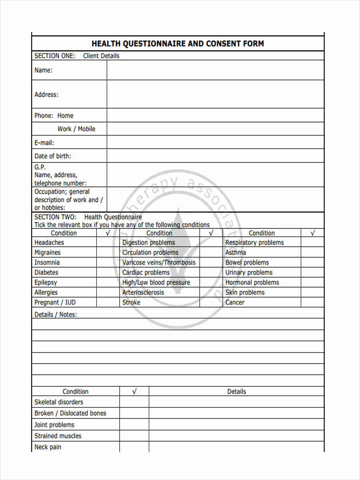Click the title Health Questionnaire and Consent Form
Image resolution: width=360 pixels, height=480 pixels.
click(x=178, y=44)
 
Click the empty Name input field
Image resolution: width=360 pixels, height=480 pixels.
click(x=215, y=70)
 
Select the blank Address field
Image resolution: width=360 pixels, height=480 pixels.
click(x=215, y=94)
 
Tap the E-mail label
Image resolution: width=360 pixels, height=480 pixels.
click(x=44, y=143)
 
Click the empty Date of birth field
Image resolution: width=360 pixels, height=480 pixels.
click(x=215, y=156)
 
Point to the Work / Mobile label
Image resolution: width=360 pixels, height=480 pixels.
click(x=76, y=129)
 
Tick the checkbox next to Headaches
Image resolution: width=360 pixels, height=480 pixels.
click(x=108, y=242)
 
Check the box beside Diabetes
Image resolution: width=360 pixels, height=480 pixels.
click(x=108, y=272)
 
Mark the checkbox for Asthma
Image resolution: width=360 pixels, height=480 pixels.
click(x=312, y=252)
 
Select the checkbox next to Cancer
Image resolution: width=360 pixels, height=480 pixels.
click(x=312, y=302)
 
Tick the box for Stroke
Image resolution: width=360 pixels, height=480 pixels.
click(x=211, y=302)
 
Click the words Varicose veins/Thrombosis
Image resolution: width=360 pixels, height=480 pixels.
click(x=159, y=262)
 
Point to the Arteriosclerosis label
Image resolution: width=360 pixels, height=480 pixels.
click(x=143, y=292)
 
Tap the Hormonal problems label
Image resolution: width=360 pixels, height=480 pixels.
click(x=252, y=282)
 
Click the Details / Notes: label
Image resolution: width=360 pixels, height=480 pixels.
click(x=56, y=314)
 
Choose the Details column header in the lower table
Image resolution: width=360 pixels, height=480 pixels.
click(x=236, y=392)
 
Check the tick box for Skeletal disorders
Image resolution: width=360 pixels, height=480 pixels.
click(x=134, y=402)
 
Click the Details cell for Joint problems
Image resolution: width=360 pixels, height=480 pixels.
click(x=236, y=425)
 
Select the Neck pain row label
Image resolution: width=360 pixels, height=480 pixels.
click(x=48, y=447)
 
